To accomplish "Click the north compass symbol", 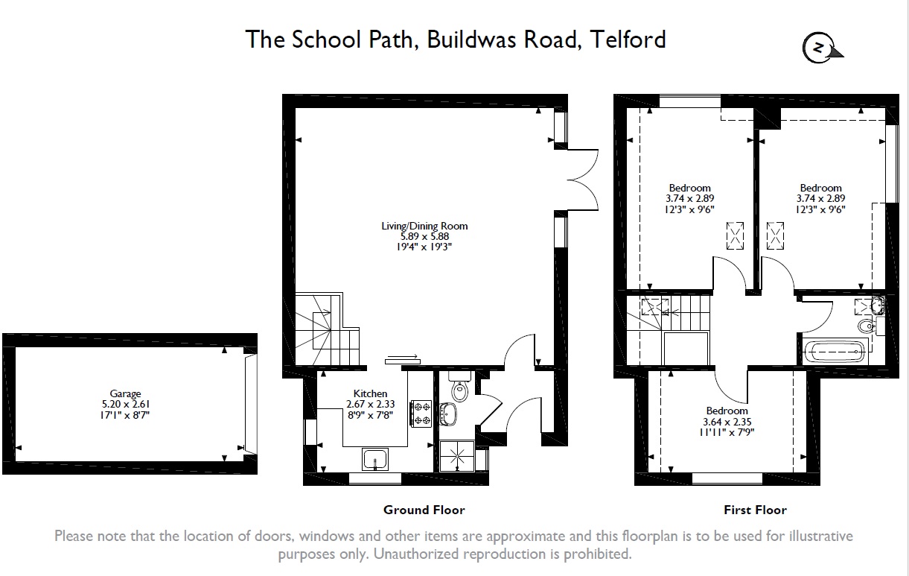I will (x=820, y=48).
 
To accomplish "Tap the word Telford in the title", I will (x=627, y=39).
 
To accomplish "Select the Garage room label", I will (x=126, y=394).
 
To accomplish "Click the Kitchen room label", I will (x=370, y=393).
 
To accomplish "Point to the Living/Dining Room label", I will (x=424, y=226).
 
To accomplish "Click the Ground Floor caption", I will (x=424, y=510).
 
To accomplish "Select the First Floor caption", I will (x=755, y=510).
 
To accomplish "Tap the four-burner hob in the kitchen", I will (x=421, y=414).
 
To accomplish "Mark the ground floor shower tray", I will (x=456, y=455).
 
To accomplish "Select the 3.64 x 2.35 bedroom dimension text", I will (x=727, y=421).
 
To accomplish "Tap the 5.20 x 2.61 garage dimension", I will (x=126, y=405).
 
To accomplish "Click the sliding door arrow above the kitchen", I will (x=402, y=357).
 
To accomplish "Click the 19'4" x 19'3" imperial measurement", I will (x=424, y=247).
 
